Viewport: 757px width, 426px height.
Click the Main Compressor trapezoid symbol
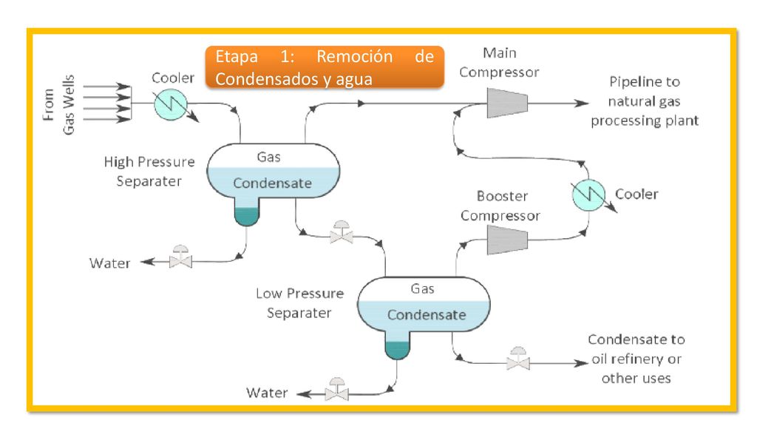click(x=507, y=103)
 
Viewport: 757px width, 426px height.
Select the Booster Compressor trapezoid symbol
click(x=507, y=240)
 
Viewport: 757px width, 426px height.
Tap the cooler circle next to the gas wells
click(x=171, y=104)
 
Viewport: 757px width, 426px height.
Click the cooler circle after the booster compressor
click(x=588, y=195)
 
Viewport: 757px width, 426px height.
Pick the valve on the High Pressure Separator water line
click(x=180, y=257)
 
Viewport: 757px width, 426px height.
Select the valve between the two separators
click(x=342, y=233)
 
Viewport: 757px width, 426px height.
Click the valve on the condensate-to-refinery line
click(x=518, y=359)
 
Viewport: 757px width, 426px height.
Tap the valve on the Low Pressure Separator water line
click(x=336, y=389)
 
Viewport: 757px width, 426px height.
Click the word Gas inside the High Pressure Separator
click(x=268, y=157)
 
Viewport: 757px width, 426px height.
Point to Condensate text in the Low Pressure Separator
click(x=427, y=315)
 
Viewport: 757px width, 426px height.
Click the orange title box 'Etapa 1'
click(x=325, y=67)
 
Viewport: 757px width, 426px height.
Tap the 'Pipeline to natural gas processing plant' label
click(x=645, y=101)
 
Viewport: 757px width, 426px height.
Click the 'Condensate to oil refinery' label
click(x=637, y=359)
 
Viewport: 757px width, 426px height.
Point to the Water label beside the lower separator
click(x=267, y=393)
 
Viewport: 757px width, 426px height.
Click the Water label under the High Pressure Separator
click(x=109, y=263)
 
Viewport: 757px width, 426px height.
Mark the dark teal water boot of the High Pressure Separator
click(x=247, y=217)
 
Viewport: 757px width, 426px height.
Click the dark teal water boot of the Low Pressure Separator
click(x=397, y=350)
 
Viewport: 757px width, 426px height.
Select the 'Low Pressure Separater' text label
click(x=300, y=303)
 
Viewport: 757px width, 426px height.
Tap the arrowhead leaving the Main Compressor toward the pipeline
click(x=581, y=103)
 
